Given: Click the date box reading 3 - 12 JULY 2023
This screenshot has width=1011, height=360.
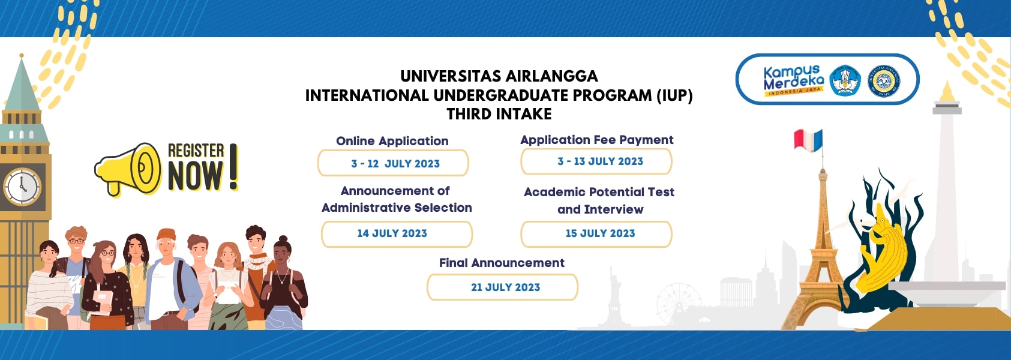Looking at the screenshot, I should click(393, 163).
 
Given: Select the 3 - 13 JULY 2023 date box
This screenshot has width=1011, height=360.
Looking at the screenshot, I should click(596, 161).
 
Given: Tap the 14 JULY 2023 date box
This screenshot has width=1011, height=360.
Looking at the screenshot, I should click(397, 233).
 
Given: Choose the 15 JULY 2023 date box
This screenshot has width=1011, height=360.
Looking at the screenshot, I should click(596, 233).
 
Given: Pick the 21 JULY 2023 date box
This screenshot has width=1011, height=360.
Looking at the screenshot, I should click(502, 287).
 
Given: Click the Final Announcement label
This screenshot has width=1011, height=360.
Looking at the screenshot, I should click(502, 263).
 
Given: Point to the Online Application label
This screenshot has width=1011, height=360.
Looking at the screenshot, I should click(392, 141).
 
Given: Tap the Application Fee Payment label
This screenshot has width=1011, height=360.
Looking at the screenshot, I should click(596, 140).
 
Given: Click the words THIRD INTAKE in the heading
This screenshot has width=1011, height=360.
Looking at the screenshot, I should click(499, 114).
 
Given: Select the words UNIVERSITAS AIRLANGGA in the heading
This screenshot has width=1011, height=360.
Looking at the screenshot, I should click(499, 76).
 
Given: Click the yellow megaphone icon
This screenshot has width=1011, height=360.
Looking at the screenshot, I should click(128, 169).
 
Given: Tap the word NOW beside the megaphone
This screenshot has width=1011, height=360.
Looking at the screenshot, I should click(196, 176).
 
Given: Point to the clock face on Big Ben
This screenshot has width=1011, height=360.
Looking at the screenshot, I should click(22, 186).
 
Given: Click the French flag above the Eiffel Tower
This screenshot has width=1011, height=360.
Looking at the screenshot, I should click(808, 140).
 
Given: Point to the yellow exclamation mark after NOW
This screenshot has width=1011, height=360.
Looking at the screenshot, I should click(233, 167).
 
